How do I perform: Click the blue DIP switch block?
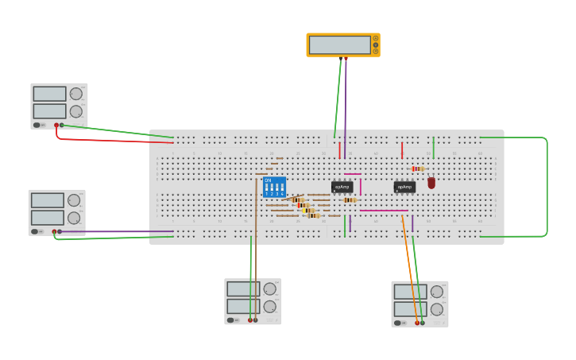[273, 187]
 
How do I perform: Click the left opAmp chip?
[342, 188]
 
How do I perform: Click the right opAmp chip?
[404, 188]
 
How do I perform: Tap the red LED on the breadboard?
[431, 183]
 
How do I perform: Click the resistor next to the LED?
[418, 168]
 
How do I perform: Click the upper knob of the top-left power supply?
[76, 94]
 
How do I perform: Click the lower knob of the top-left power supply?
[76, 111]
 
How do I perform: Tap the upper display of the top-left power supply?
[49, 94]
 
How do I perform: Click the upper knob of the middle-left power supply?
[74, 200]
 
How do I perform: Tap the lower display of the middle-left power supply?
[47, 218]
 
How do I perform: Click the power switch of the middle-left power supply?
[35, 231]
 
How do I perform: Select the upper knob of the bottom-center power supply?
[270, 288]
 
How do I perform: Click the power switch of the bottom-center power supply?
[230, 320]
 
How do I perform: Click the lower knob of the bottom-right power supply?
[437, 309]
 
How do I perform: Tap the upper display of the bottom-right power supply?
[410, 292]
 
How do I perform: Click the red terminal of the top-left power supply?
[56, 125]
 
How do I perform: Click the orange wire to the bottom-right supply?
[409, 270]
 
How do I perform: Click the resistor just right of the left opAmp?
[350, 200]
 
